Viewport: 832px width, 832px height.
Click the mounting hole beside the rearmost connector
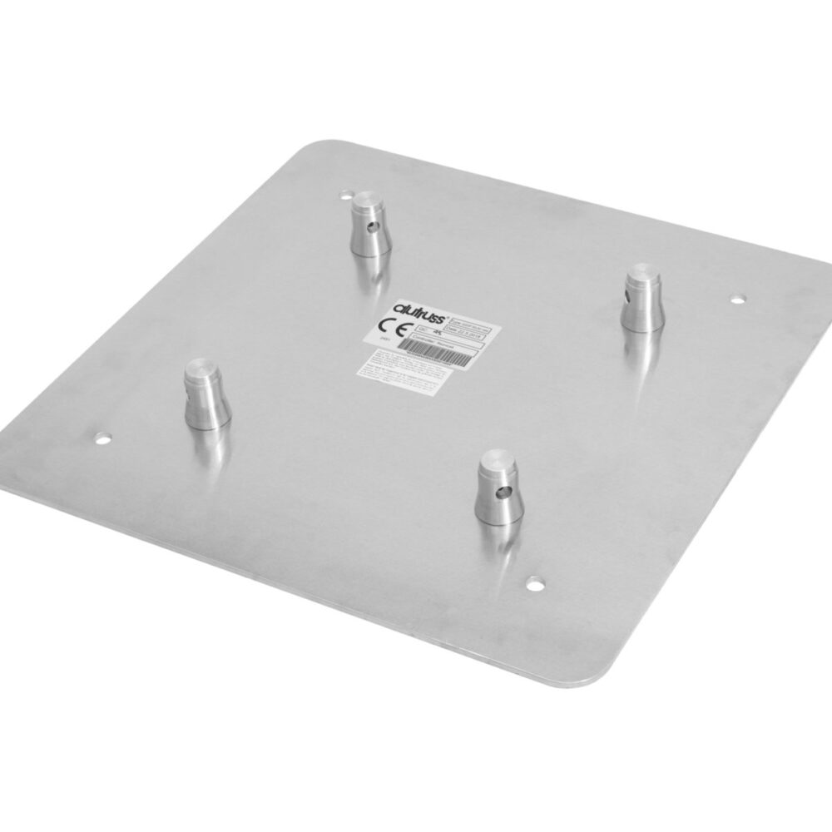click(346, 197)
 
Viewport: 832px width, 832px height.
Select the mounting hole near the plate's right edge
click(736, 297)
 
